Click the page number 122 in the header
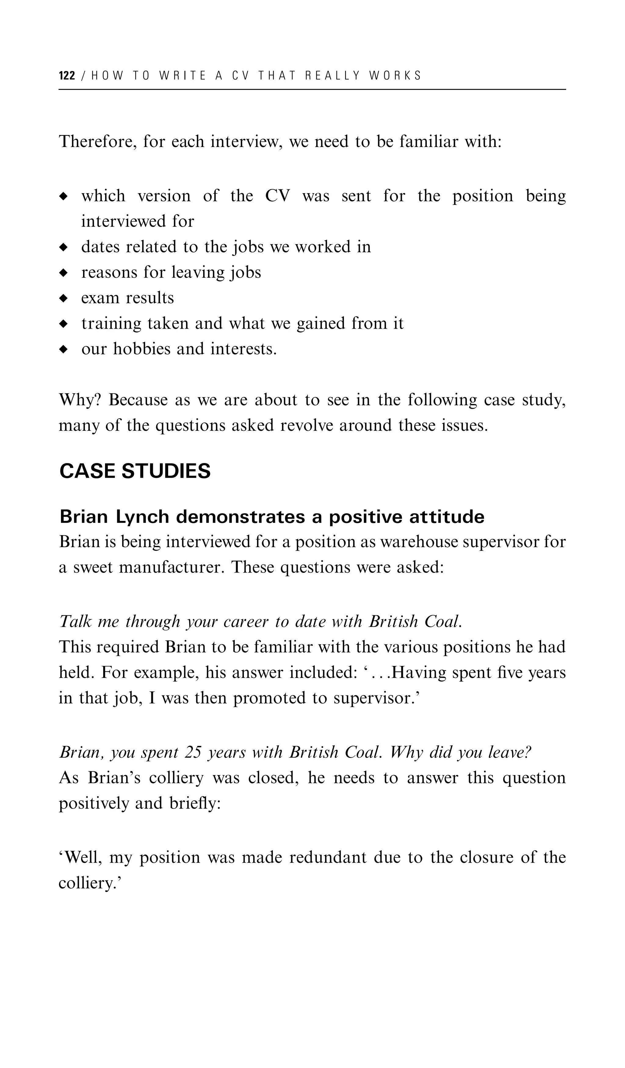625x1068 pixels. pos(67,76)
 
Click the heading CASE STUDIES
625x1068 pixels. pos(135,471)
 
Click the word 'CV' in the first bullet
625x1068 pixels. pos(278,196)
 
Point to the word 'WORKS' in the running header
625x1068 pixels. pos(396,76)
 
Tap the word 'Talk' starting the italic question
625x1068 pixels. pos(75,622)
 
